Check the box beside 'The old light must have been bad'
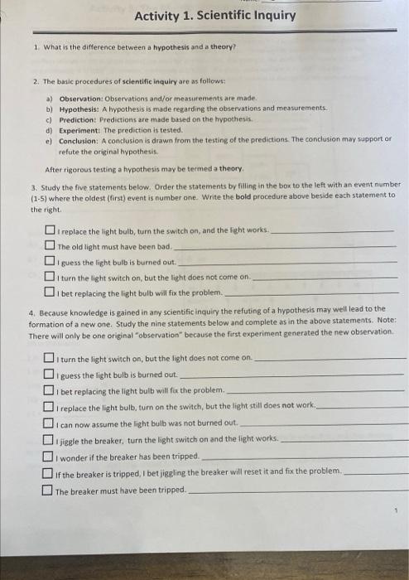point(51,247)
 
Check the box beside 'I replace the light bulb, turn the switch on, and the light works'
point(51,231)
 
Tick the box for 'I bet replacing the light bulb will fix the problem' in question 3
point(51,292)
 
